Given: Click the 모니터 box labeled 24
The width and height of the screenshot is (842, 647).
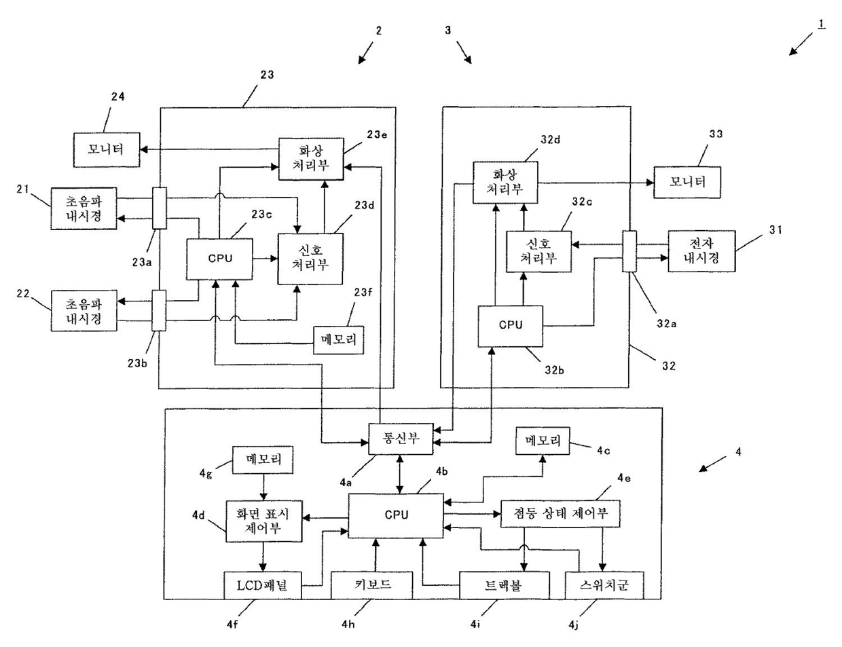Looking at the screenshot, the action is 107,150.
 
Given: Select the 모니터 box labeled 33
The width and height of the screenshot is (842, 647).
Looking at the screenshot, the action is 687,182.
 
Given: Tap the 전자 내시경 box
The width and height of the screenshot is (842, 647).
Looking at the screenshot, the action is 701,251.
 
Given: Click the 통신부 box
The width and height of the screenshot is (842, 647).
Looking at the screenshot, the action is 400,439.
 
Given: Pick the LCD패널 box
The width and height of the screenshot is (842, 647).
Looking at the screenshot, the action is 263,585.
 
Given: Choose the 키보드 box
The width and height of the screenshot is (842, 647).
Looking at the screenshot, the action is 371,585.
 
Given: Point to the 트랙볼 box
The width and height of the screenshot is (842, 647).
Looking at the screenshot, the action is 504,585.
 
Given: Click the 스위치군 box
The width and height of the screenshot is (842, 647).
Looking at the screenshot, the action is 604,585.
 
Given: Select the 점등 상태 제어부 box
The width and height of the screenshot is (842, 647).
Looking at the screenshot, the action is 560,514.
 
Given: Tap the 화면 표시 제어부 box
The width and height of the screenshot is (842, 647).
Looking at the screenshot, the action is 264,521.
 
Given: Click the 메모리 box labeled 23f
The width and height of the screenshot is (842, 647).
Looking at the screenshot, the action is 338,340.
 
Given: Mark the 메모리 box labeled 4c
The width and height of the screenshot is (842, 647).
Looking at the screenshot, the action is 543,441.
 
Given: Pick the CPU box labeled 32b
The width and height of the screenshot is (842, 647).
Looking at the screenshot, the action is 511,326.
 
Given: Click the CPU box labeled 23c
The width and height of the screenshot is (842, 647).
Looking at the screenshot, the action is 219,259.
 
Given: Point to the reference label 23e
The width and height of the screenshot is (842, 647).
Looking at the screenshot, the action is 377,134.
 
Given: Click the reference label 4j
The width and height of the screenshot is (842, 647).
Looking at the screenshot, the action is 574,625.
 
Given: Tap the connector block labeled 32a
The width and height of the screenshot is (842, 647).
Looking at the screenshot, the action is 629,251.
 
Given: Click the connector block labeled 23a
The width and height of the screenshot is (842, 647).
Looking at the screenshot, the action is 160,208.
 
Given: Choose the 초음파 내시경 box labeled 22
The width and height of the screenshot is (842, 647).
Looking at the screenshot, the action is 84,311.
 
